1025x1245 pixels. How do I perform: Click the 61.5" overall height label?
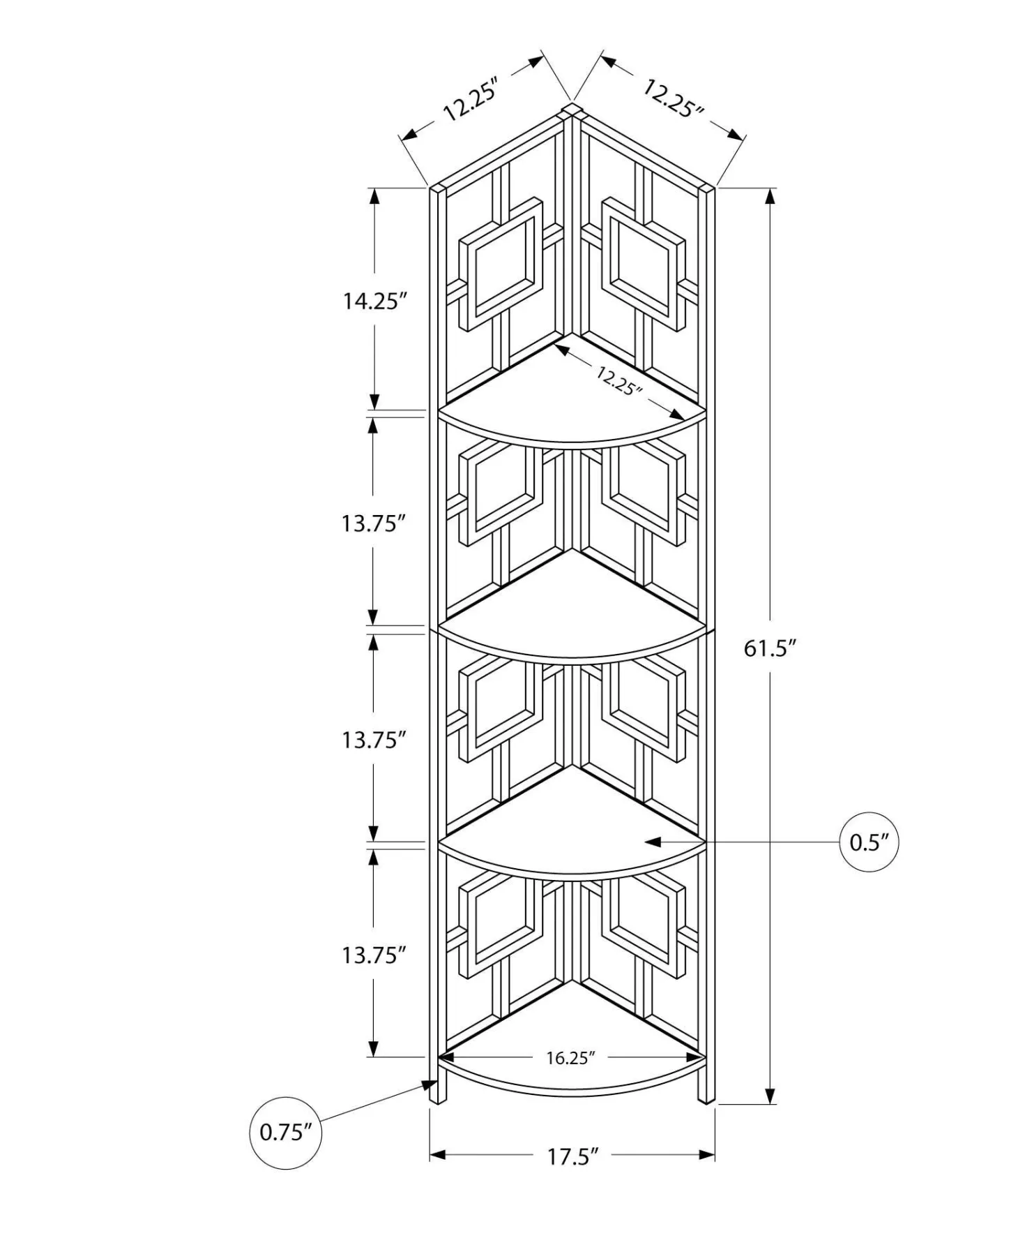[770, 648]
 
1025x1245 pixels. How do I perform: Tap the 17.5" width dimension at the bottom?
[572, 1156]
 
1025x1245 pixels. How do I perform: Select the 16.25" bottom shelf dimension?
[570, 1058]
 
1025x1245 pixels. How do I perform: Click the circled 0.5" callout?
[869, 842]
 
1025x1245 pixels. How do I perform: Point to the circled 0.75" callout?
[286, 1132]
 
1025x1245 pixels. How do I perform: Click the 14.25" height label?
[374, 301]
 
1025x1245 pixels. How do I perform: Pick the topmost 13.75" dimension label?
[374, 523]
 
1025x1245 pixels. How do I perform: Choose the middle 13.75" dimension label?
[374, 739]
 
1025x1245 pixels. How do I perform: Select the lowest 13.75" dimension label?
[374, 955]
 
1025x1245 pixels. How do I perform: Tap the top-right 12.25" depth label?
[673, 98]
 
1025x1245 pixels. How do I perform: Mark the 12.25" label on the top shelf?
[618, 380]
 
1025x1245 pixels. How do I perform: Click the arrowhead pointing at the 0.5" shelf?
[652, 842]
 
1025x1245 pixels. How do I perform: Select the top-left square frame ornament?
[501, 264]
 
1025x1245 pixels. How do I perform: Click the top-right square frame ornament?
[643, 264]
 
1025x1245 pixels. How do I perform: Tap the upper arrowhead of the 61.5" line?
[770, 196]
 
